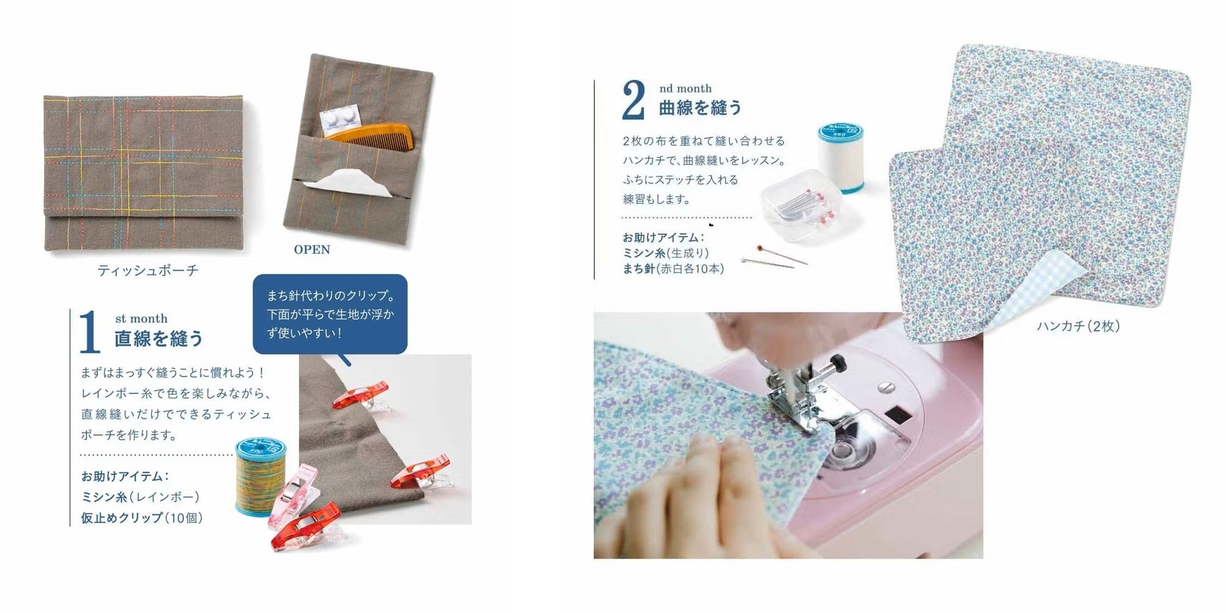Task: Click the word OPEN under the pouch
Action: coord(312,249)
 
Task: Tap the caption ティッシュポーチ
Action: coord(148,270)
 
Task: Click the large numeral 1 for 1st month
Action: coord(90,332)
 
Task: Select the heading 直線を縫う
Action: coord(159,339)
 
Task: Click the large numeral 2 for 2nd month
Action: coord(633,101)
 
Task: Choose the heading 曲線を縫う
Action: coord(701,108)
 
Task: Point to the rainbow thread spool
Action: coord(261,476)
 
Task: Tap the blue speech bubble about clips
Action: coord(330,315)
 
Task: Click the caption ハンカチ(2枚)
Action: coord(1078,326)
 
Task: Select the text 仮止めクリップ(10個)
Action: coord(142,518)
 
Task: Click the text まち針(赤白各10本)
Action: coord(673,268)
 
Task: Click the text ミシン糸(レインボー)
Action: coord(140,497)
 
